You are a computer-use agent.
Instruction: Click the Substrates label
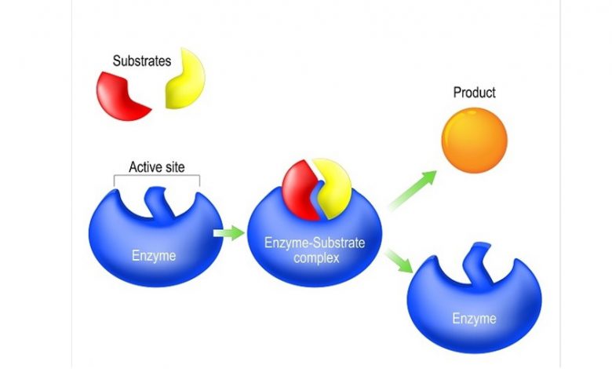click(142, 61)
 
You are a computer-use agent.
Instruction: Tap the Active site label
click(156, 167)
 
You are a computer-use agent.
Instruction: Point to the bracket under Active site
click(156, 176)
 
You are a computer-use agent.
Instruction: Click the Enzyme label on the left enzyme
click(154, 256)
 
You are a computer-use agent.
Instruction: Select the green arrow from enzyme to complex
click(229, 233)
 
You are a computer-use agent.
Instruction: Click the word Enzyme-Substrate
click(315, 243)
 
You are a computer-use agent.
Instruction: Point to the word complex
click(316, 258)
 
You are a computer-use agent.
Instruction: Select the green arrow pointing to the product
click(412, 190)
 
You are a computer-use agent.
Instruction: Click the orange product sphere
click(474, 141)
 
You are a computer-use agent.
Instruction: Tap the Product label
click(474, 93)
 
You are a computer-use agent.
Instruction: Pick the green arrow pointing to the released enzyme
click(398, 261)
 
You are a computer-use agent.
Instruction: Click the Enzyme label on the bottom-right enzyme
click(474, 319)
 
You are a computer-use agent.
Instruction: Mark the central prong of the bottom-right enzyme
click(477, 261)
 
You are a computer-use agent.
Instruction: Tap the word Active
click(142, 167)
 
